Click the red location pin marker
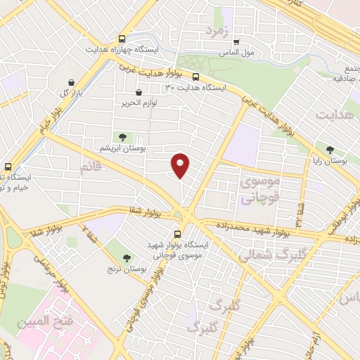[x=181, y=165]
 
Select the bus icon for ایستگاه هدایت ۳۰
[x=195, y=77]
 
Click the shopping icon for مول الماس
[x=236, y=42]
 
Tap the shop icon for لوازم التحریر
[x=139, y=92]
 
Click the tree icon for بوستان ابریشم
[x=123, y=138]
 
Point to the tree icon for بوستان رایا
[x=330, y=149]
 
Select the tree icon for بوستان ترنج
[x=127, y=259]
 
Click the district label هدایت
[x=333, y=114]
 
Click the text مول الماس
[x=238, y=53]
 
